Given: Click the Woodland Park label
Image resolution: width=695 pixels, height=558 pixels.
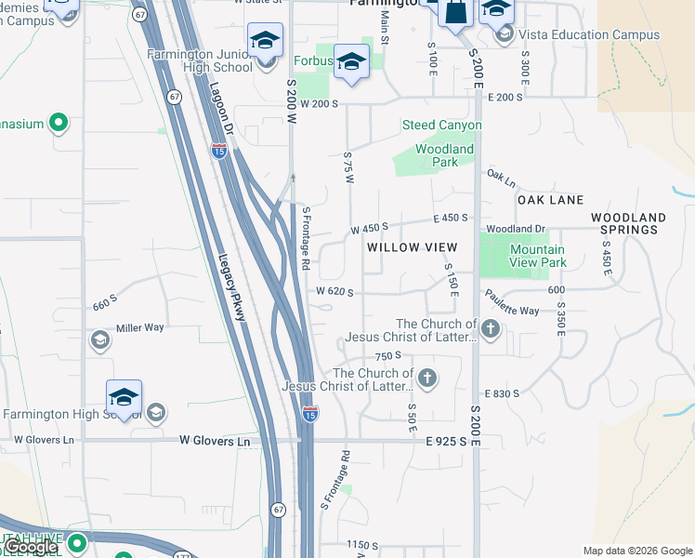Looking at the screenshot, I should pyautogui.click(x=444, y=155).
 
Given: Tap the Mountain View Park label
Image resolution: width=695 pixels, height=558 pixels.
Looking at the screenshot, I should pyautogui.click(x=537, y=256).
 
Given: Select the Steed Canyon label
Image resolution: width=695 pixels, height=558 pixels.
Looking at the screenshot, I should pyautogui.click(x=441, y=125).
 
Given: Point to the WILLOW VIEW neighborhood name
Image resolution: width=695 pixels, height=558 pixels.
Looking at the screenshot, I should pyautogui.click(x=412, y=246).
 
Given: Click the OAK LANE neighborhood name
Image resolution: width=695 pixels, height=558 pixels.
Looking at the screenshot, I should pyautogui.click(x=550, y=200).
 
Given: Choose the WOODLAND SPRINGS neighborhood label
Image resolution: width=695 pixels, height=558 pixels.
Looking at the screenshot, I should pyautogui.click(x=628, y=224).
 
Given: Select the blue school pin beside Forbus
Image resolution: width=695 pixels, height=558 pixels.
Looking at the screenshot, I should pyautogui.click(x=351, y=62).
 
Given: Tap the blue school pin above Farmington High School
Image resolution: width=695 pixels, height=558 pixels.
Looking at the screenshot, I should pyautogui.click(x=124, y=397).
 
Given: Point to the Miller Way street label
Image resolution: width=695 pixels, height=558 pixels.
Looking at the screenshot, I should pyautogui.click(x=139, y=328).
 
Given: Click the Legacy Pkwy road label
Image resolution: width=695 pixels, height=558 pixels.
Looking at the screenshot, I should pyautogui.click(x=231, y=288).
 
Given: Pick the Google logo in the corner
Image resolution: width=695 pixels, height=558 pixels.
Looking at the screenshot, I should pyautogui.click(x=31, y=547).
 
